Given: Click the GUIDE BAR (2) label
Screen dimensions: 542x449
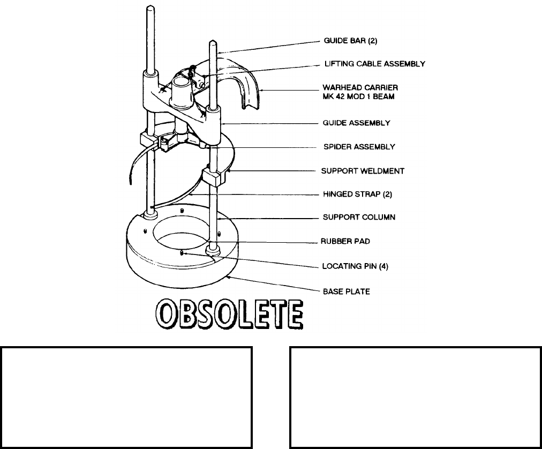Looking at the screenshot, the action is click(x=348, y=40).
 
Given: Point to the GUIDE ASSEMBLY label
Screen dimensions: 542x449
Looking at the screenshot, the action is click(x=355, y=123).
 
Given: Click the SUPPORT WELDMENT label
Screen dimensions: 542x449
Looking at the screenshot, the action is click(x=363, y=171).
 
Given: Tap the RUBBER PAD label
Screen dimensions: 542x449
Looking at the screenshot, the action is click(x=346, y=242).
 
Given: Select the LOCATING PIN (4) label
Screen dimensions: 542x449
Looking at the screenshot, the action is click(x=355, y=266).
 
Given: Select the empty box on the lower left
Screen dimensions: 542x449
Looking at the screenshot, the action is click(x=126, y=397).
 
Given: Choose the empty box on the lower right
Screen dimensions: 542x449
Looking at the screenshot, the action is click(x=415, y=397).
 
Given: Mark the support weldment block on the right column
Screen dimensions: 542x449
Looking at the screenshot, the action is click(x=214, y=176).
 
